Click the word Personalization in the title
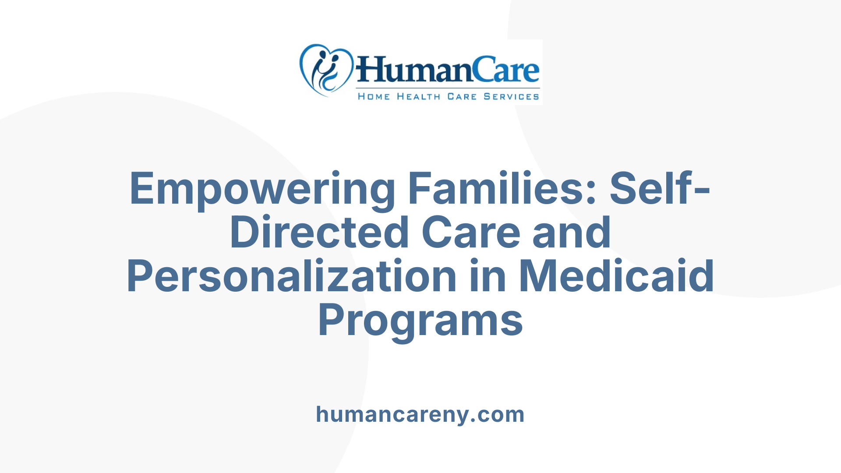point(292,276)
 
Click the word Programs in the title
point(420,320)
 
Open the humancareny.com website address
point(420,414)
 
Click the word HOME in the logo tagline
point(374,96)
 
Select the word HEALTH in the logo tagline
point(418,96)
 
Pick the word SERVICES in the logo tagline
point(511,96)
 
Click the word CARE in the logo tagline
point(462,96)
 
